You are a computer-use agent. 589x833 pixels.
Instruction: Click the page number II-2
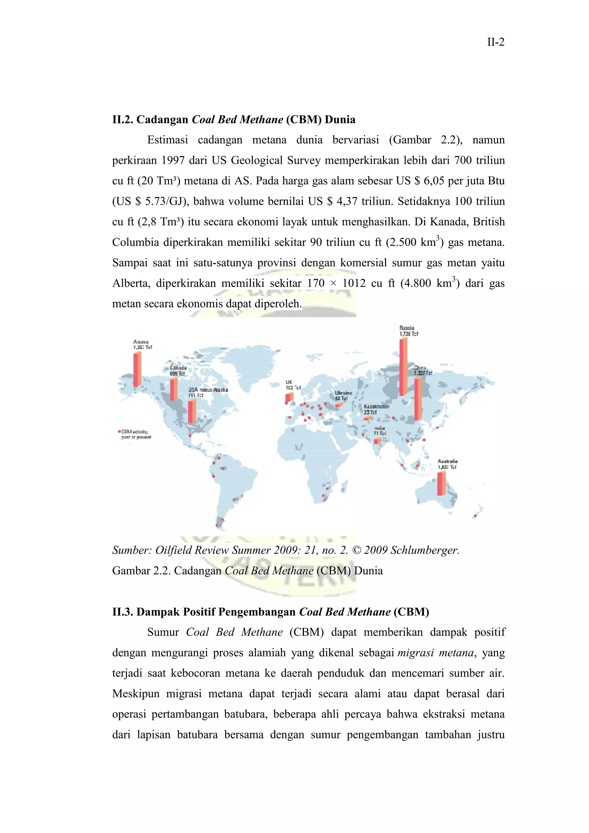[496, 43]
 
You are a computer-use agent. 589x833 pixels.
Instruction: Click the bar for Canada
[174, 389]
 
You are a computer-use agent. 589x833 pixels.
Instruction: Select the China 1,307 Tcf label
[423, 370]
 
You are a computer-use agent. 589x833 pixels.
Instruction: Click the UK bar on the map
[289, 398]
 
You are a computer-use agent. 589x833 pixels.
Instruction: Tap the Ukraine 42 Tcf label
[343, 396]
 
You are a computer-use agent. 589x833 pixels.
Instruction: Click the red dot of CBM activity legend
[119, 431]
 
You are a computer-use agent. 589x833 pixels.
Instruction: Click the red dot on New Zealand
[475, 515]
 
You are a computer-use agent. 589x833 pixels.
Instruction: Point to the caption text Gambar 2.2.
[141, 571]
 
